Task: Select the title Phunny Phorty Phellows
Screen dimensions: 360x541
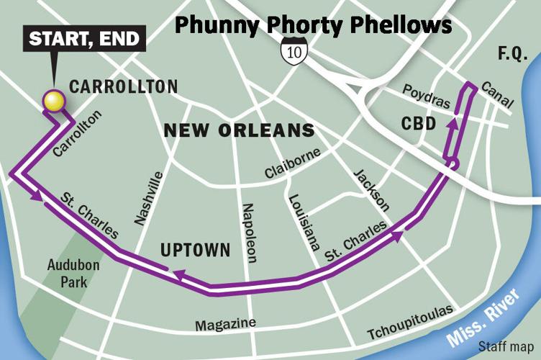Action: coord(314,24)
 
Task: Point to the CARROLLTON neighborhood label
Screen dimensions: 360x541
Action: coord(123,87)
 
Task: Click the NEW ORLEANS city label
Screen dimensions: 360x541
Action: coord(240,131)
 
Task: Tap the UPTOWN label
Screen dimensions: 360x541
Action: coord(195,251)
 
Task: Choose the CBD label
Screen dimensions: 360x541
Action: coord(418,124)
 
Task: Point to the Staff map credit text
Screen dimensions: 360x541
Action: coord(511,347)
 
